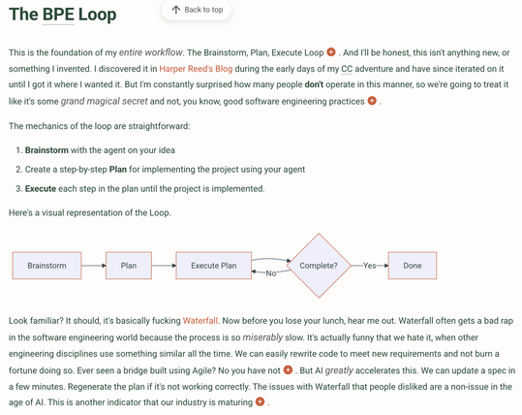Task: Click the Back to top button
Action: click(197, 10)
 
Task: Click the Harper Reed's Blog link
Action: click(196, 69)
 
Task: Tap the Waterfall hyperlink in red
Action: click(200, 321)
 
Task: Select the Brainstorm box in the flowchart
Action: click(46, 266)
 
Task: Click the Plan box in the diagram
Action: click(129, 266)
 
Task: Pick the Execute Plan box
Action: click(214, 266)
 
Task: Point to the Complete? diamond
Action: click(319, 266)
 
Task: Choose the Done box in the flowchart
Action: click(413, 266)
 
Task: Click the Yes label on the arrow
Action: click(370, 266)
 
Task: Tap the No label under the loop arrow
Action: click(271, 273)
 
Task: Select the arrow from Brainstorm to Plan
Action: click(94, 266)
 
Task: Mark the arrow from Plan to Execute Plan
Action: click(164, 266)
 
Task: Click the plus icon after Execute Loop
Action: click(331, 52)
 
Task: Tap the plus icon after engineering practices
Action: click(372, 100)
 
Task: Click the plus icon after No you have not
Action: click(288, 369)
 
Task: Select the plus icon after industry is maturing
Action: click(260, 401)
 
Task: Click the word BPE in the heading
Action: click(58, 15)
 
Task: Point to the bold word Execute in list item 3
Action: click(41, 189)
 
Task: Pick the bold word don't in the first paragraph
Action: click(314, 84)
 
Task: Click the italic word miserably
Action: click(262, 337)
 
